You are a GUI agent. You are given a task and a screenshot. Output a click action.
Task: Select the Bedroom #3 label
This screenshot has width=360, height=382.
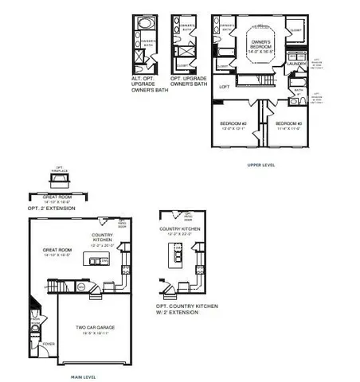tap(287, 126)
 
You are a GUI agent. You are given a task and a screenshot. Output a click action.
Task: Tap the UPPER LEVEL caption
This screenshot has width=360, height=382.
tap(262, 165)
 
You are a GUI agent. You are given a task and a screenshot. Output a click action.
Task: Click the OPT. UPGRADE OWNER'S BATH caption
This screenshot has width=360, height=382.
tap(189, 80)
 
